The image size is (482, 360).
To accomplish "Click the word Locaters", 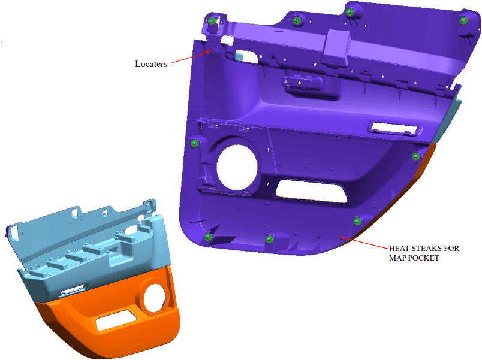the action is pos(151,64).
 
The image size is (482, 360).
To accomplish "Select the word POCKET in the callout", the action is pos(424,258).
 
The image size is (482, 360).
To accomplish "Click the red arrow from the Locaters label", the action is pos(191,58).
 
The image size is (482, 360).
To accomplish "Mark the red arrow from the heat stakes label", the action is pos(364,243).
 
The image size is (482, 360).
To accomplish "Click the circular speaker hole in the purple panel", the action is pos(237,167).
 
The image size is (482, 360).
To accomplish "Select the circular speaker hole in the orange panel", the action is pos(154,298).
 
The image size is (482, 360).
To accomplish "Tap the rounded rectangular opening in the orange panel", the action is pos(116,320).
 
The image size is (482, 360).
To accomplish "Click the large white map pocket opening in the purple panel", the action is pos(311,192).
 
